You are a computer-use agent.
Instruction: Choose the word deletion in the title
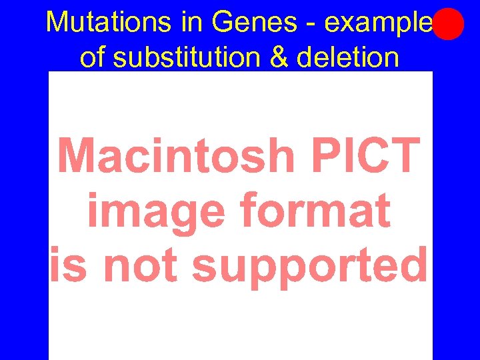click(x=347, y=57)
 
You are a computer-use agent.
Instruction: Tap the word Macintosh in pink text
click(x=176, y=155)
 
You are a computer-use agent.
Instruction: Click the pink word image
click(x=157, y=212)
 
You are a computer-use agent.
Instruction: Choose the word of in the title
click(x=93, y=57)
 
